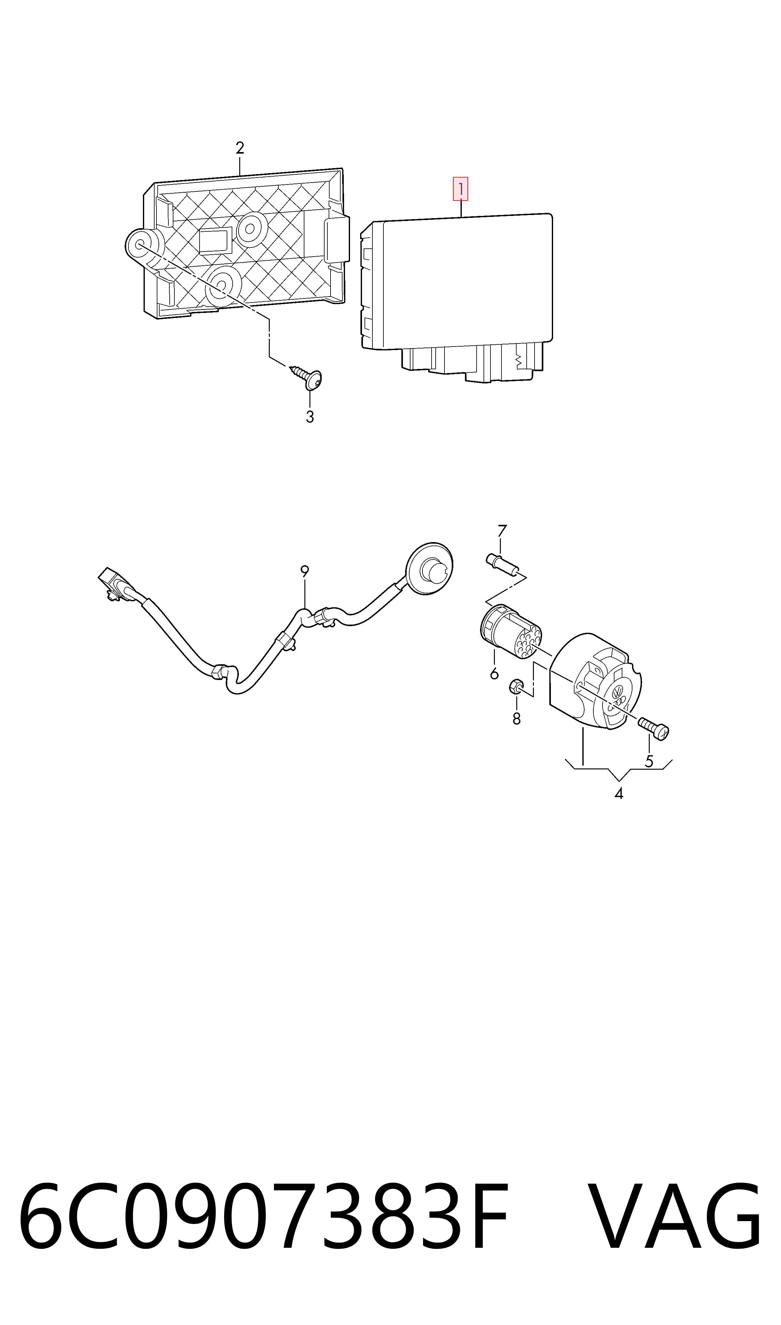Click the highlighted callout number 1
coord(461,190)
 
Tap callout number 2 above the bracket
coord(240,148)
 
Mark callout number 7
coord(501,531)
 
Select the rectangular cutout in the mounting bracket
coord(214,241)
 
